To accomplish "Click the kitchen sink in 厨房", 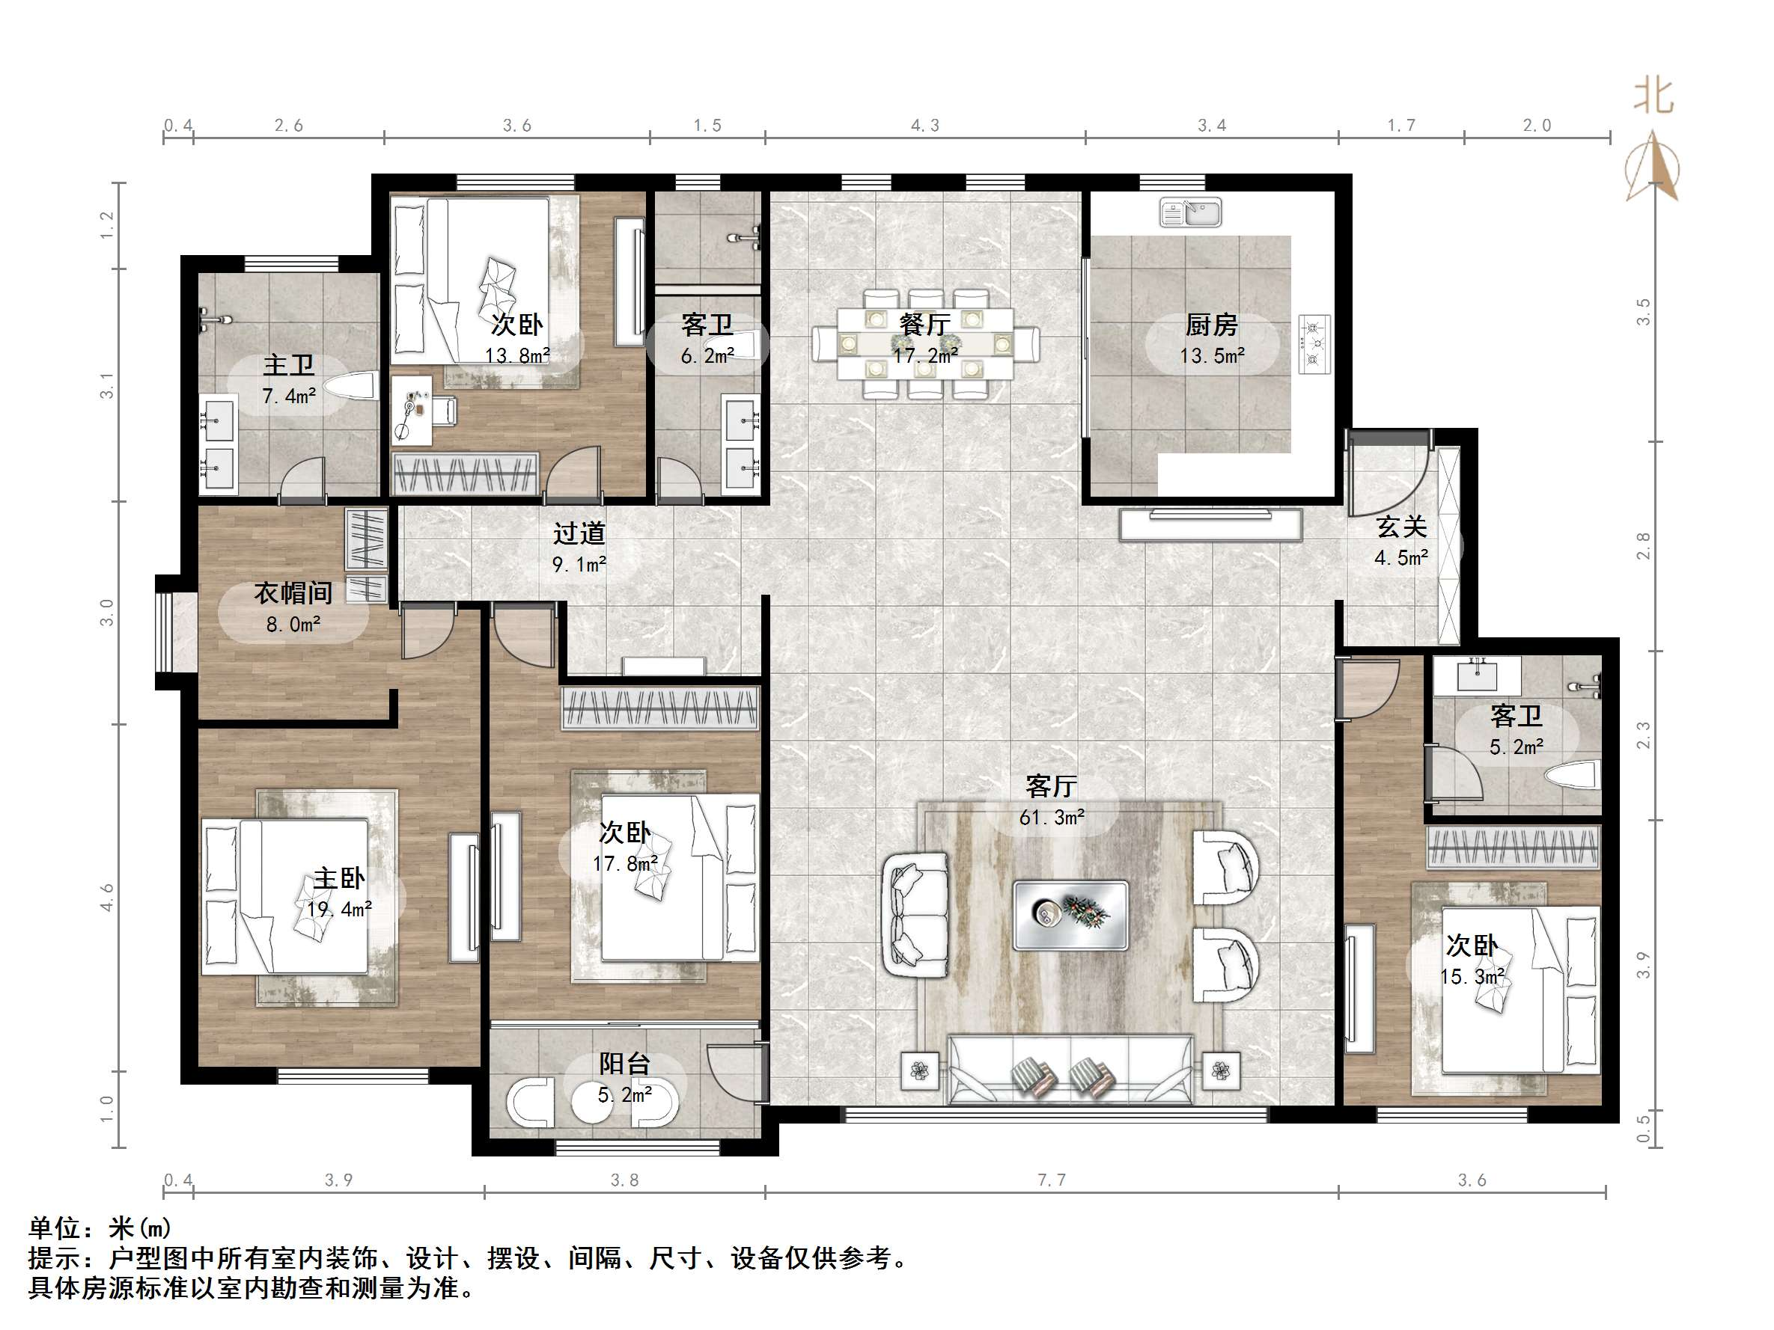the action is coord(1190,212).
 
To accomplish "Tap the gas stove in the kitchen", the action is coord(1313,343).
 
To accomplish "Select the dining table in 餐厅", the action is coord(924,344).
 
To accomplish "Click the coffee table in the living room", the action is coord(1070,915).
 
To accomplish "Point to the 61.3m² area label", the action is coord(1052,818).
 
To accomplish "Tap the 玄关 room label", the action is coord(1402,527).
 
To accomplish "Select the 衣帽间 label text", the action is coord(293,592).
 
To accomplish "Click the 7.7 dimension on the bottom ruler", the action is coord(1052,1180).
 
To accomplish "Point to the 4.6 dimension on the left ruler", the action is coord(106,898).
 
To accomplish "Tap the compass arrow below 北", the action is coord(1652,167).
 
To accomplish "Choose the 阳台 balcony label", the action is coord(624,1064).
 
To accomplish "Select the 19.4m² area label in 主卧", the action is coord(339,909).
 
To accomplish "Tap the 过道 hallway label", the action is coord(579,533).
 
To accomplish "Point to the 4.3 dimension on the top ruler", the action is coord(924,126).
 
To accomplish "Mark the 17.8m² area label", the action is coord(626,863).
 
